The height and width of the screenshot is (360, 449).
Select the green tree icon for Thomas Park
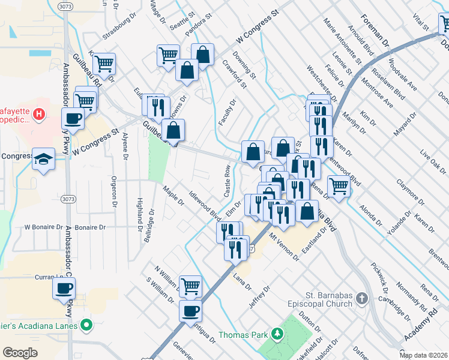(x=277, y=334)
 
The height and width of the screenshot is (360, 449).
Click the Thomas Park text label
(x=244, y=334)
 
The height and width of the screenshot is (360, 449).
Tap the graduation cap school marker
(x=44, y=159)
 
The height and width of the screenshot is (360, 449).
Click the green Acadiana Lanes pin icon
(x=87, y=326)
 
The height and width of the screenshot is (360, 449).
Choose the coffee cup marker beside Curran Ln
(x=63, y=289)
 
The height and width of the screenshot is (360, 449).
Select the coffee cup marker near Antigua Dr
(x=191, y=311)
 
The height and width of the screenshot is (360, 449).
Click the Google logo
(x=20, y=353)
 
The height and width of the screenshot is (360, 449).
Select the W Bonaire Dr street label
(x=43, y=228)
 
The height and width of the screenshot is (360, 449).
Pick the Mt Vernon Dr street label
(x=285, y=247)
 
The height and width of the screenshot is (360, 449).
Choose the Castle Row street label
(x=228, y=182)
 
